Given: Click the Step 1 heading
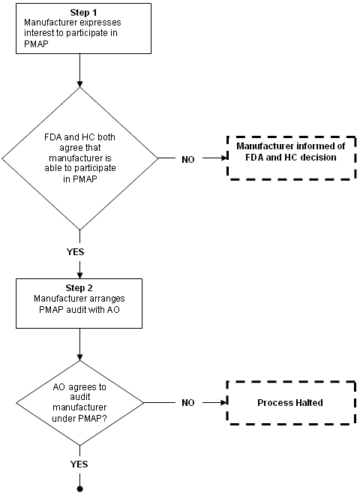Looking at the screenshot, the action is (83, 12).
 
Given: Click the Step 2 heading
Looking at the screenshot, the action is (79, 288).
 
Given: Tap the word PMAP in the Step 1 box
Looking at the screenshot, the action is (36, 44).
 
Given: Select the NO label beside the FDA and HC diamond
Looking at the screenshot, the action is (188, 159).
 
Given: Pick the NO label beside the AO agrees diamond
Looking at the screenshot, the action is (188, 403).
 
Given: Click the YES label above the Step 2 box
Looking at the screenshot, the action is (75, 252).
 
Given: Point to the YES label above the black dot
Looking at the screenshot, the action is (79, 464).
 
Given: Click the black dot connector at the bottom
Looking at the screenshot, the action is (79, 489).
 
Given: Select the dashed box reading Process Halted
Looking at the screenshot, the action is (292, 403).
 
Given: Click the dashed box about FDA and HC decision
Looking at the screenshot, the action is (292, 158).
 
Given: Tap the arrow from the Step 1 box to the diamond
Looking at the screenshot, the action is (79, 71).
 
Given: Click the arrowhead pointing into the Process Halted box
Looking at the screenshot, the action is (225, 403).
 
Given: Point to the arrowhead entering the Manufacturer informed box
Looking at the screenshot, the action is (225, 158).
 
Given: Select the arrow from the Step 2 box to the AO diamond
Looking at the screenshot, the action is (79, 344).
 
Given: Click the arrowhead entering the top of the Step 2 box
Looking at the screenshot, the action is (79, 275).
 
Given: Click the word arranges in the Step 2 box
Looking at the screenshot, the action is (106, 299).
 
